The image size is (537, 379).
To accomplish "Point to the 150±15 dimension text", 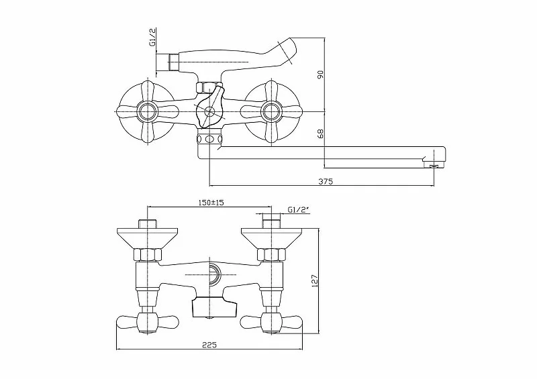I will (x=209, y=202).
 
